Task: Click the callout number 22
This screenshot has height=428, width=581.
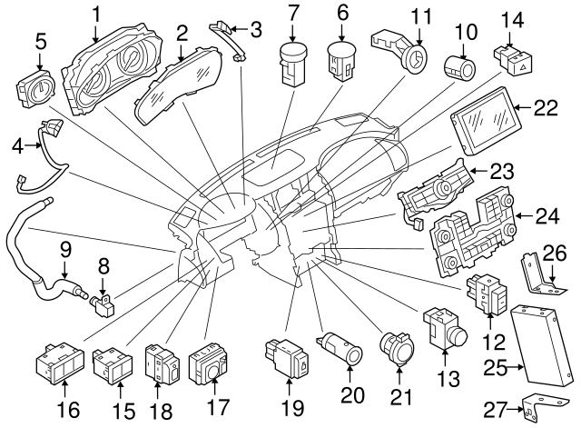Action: click(545, 107)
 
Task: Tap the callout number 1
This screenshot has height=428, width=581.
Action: click(97, 13)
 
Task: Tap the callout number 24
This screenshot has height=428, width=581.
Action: click(545, 216)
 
